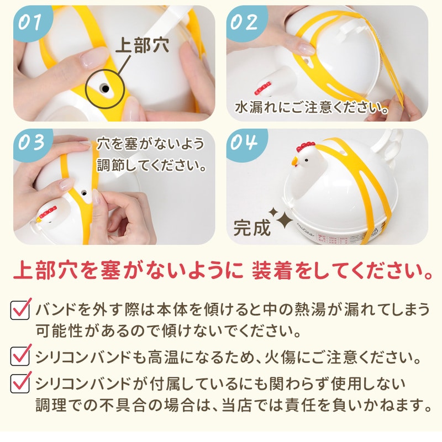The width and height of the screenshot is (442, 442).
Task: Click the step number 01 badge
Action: (x=30, y=23)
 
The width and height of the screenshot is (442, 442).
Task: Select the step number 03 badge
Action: (x=31, y=143)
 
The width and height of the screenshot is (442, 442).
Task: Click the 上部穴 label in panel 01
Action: (x=143, y=45)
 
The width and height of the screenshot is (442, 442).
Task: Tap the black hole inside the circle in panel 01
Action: (x=105, y=89)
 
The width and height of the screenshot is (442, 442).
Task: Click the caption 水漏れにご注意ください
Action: (x=312, y=107)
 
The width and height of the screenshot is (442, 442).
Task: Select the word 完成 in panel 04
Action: (x=252, y=228)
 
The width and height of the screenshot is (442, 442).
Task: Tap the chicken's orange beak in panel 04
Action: (x=294, y=161)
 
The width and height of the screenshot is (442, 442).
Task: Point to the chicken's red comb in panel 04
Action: (x=305, y=146)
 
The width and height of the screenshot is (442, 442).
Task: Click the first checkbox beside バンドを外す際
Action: (x=20, y=309)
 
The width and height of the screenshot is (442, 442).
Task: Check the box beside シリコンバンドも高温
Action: (x=20, y=355)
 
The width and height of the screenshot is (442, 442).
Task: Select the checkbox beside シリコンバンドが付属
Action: (x=20, y=382)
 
